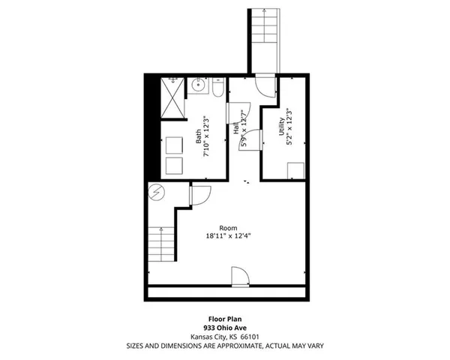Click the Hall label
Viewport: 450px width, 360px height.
(236, 129)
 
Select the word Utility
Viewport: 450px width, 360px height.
(280, 124)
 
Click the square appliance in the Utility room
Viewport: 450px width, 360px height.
(295, 171)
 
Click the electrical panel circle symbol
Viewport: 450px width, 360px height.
(156, 193)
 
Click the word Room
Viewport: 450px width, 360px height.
(229, 228)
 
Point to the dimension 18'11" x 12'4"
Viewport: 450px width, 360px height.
(229, 236)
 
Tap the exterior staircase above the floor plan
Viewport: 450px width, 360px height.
(262, 37)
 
